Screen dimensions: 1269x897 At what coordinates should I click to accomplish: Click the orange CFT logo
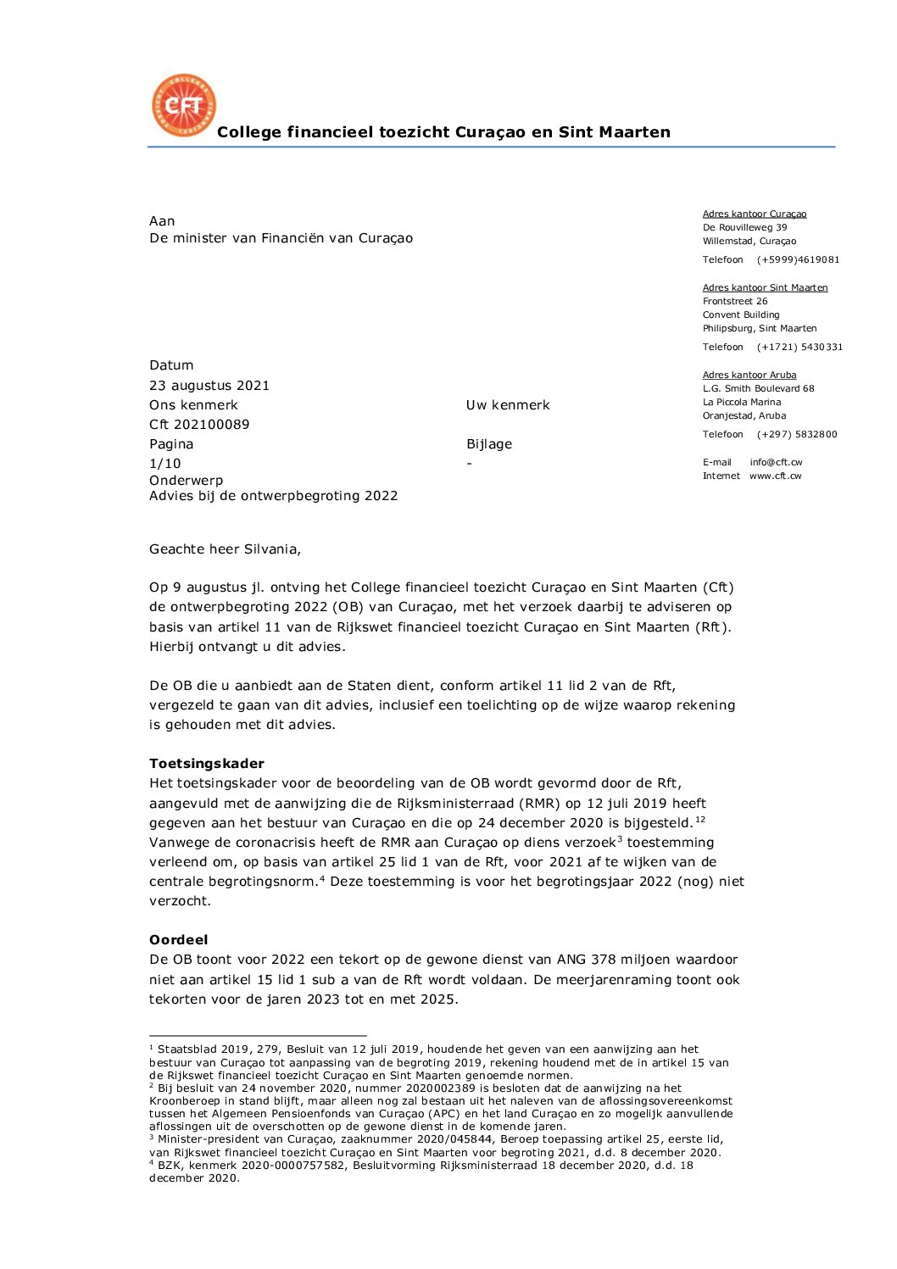(183, 105)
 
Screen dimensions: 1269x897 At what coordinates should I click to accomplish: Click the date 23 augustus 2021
(209, 386)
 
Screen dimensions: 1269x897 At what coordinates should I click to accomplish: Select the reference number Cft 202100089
(199, 425)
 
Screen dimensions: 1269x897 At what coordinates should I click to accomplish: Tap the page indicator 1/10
(164, 464)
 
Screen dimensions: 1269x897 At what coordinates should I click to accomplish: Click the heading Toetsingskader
(207, 764)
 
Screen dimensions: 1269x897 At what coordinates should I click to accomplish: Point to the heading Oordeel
(178, 940)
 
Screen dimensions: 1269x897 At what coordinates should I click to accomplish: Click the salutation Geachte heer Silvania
(225, 549)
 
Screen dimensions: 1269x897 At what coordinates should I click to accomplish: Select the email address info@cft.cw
(776, 463)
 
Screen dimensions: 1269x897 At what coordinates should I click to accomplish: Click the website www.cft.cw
(775, 476)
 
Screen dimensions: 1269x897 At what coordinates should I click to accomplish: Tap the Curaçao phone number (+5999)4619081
(798, 260)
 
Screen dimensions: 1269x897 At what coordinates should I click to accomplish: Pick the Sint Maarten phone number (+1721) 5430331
(799, 348)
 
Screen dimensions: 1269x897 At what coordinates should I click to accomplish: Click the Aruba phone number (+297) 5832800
(797, 435)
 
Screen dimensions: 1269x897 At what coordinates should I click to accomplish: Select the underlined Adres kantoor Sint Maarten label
(765, 288)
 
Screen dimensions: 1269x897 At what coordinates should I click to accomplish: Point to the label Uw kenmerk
(508, 405)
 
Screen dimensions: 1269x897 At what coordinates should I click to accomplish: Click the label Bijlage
(489, 444)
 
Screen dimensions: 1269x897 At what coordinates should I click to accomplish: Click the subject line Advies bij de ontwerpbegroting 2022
(273, 496)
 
